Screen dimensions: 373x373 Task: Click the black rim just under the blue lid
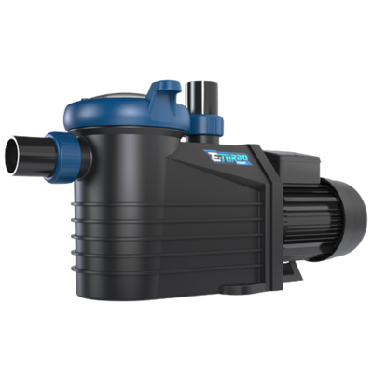131,140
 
